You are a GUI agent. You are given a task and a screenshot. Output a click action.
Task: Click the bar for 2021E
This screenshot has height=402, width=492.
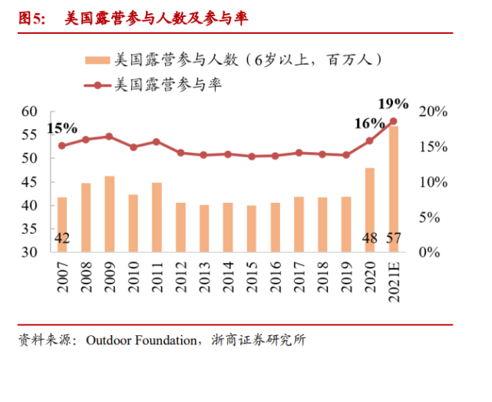[393, 188]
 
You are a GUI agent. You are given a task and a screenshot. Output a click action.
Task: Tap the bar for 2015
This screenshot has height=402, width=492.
[251, 228]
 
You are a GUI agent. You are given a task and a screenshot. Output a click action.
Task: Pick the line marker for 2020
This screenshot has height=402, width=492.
[369, 141]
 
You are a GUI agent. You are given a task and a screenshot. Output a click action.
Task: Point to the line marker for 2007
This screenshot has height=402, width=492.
[62, 145]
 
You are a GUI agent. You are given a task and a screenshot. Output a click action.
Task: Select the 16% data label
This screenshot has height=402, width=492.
[369, 123]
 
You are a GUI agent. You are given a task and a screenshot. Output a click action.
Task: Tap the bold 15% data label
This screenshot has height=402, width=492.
[62, 128]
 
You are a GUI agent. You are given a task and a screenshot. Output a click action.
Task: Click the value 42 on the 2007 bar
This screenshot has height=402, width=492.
[62, 238]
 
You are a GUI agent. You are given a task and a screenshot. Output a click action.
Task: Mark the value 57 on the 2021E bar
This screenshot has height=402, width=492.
[393, 238]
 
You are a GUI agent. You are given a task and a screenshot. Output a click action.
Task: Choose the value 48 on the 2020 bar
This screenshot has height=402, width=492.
[369, 238]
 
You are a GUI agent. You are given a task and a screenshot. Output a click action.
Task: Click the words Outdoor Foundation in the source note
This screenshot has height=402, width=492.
[141, 340]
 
